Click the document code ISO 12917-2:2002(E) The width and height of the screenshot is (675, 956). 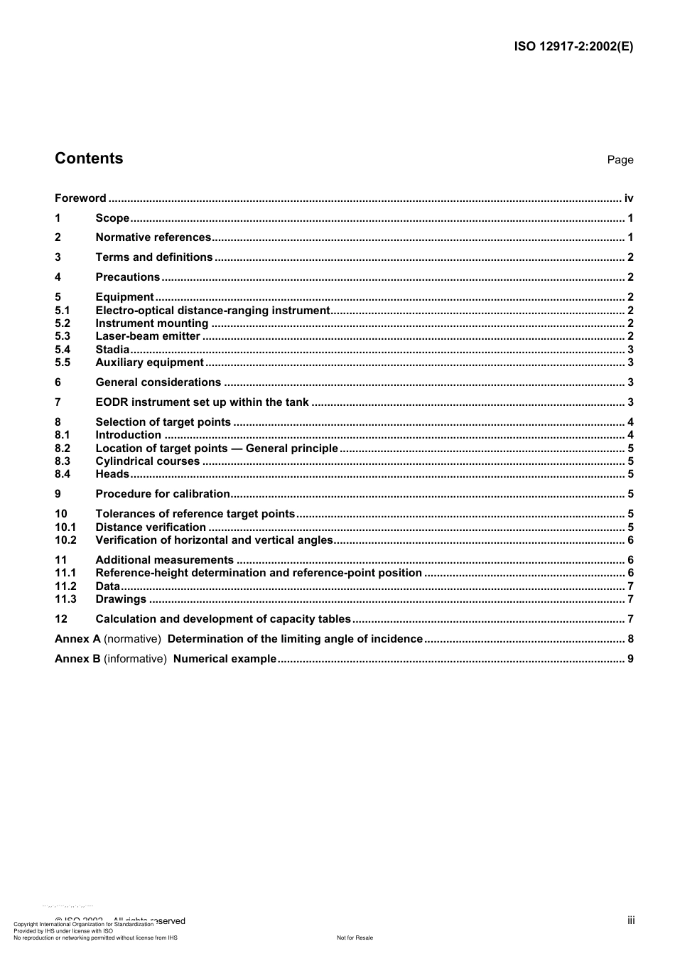(573, 47)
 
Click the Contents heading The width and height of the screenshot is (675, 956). (89, 159)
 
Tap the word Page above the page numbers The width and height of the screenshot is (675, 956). (620, 160)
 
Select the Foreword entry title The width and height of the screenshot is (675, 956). (80, 198)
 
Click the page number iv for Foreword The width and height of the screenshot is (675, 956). (628, 198)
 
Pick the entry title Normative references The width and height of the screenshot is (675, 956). (153, 237)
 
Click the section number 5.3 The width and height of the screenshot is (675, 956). (63, 336)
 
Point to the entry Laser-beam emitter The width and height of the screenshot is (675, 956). (148, 336)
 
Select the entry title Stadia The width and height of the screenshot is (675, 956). (112, 350)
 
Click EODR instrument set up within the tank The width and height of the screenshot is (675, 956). (202, 402)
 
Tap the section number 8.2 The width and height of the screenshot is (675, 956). (63, 449)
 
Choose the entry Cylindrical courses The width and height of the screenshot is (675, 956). (148, 461)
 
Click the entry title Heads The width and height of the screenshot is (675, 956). (112, 474)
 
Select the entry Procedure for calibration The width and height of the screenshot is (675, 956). (163, 494)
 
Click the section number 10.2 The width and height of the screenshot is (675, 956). (65, 540)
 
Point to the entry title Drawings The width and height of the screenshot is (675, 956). (121, 599)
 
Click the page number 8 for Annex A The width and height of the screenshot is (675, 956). (630, 639)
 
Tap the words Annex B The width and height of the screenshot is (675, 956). (77, 659)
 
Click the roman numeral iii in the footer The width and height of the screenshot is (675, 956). (631, 920)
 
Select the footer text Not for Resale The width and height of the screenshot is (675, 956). (355, 938)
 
